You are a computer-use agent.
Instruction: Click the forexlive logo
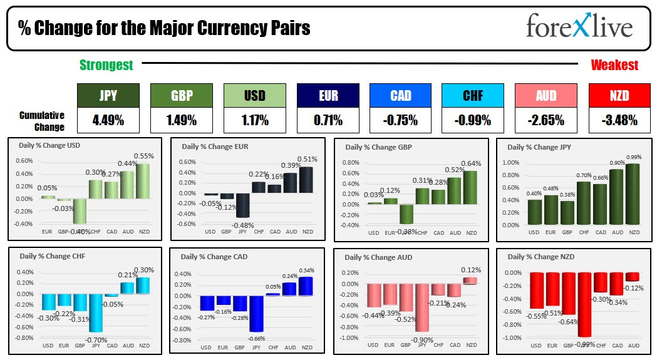tap(579, 27)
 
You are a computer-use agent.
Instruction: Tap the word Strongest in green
tap(106, 65)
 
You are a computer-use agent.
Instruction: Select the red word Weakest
tap(614, 65)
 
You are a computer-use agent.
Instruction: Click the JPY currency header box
tap(108, 95)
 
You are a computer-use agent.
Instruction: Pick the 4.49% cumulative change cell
tap(108, 120)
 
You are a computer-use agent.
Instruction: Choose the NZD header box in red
tap(620, 95)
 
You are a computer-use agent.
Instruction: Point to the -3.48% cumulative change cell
tap(620, 120)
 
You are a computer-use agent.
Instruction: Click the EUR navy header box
tap(328, 95)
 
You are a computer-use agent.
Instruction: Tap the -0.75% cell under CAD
tap(401, 120)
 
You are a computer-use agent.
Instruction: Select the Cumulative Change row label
tap(42, 121)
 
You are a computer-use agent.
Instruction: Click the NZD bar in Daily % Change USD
tap(143, 182)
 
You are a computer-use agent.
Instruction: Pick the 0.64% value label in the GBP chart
tap(472, 164)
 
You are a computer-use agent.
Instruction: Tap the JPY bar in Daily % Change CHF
tap(96, 313)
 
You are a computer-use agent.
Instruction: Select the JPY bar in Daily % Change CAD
tap(256, 314)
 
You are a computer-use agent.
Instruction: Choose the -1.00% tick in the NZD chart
tap(512, 338)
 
